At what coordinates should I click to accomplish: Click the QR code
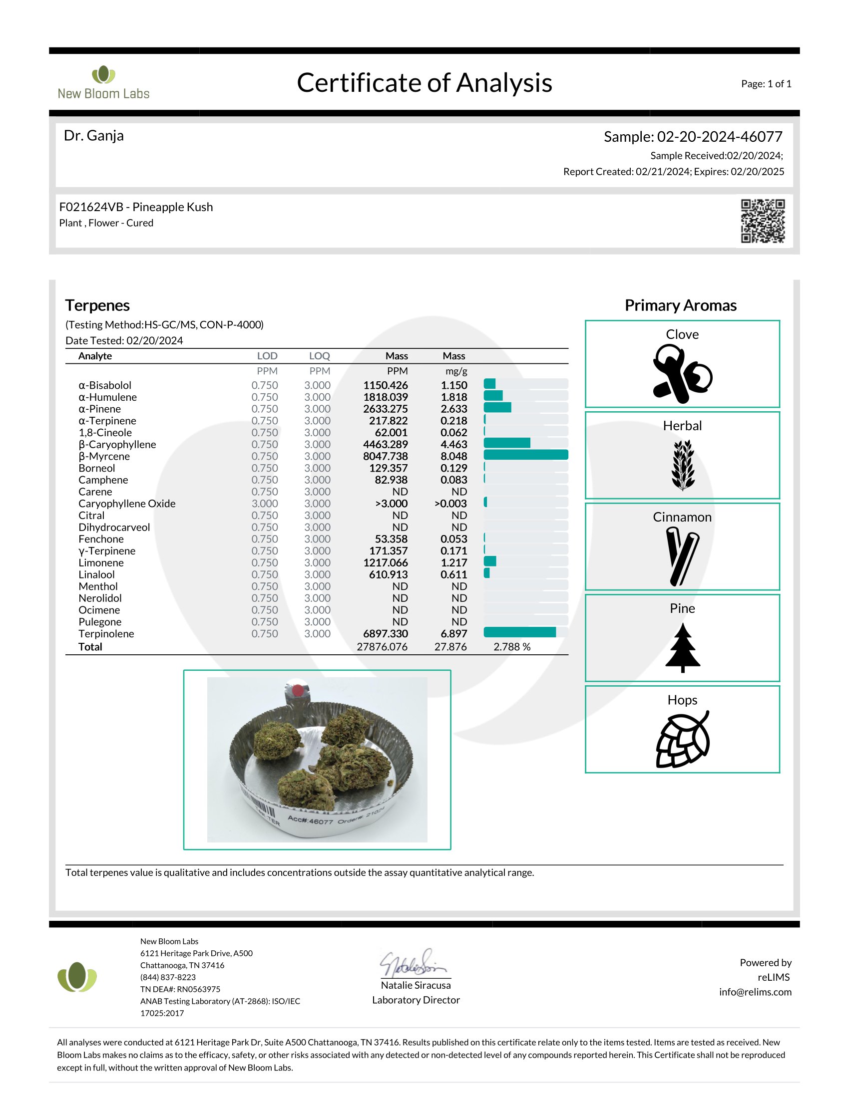(762, 221)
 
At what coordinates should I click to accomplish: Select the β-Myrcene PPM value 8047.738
(385, 456)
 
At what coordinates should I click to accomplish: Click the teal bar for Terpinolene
(519, 632)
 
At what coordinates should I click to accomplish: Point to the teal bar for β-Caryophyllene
(506, 443)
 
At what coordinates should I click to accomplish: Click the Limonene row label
(101, 562)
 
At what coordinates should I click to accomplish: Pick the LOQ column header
(320, 356)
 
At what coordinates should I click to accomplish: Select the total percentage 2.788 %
(511, 646)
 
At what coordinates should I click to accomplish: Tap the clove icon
(682, 374)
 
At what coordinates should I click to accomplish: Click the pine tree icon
(682, 647)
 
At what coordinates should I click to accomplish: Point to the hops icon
(682, 739)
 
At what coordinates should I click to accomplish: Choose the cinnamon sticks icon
(682, 556)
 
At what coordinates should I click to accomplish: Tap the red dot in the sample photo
(298, 691)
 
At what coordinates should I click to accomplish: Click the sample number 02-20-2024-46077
(719, 137)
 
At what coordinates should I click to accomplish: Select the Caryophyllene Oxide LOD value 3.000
(265, 503)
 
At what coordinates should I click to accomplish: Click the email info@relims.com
(755, 992)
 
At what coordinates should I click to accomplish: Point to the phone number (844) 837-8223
(168, 977)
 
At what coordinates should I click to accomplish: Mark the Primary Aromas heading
(680, 305)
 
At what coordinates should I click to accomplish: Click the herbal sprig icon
(683, 465)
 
